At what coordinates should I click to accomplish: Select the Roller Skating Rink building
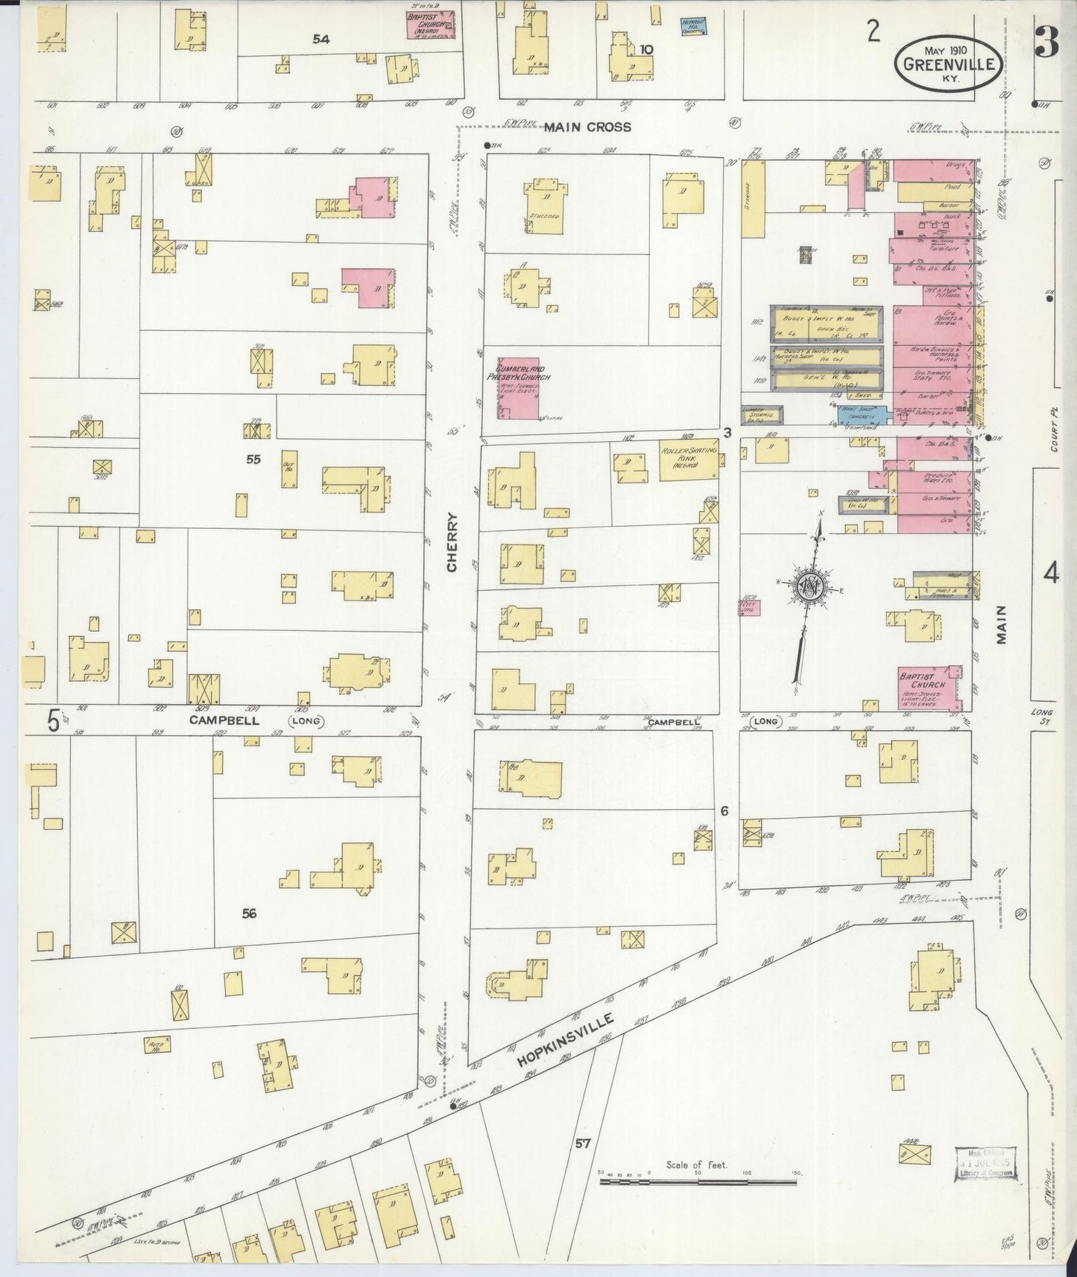pyautogui.click(x=688, y=458)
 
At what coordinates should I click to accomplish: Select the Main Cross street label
pyautogui.click(x=587, y=127)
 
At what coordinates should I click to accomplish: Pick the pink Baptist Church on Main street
pyautogui.click(x=928, y=686)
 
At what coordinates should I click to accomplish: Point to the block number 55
pyautogui.click(x=253, y=460)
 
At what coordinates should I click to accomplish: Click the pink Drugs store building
pyautogui.click(x=933, y=171)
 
